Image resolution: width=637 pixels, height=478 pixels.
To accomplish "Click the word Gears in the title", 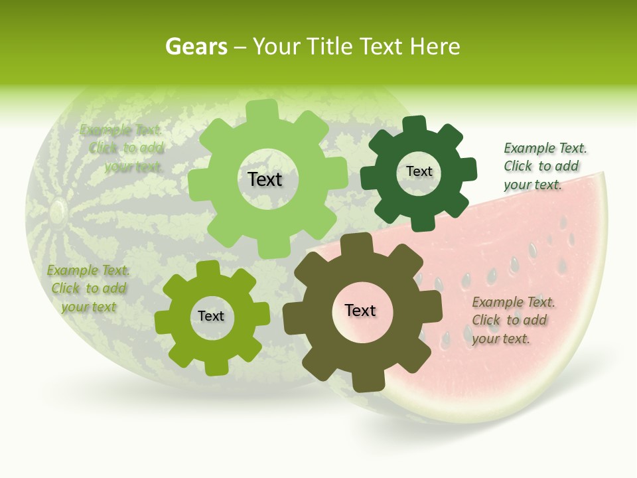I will click(196, 46).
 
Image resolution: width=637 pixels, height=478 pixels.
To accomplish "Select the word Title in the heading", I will click(329, 46).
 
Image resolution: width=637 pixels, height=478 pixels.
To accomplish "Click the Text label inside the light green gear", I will click(265, 179).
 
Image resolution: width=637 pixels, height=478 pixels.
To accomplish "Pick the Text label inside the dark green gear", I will click(419, 171).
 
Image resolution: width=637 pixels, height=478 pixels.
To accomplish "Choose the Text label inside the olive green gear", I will click(211, 316).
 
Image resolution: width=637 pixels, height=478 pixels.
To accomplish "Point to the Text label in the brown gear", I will click(360, 310).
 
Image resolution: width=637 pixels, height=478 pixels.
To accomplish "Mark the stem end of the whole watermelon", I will click(57, 212).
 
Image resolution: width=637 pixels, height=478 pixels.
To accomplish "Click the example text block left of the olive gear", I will click(88, 288).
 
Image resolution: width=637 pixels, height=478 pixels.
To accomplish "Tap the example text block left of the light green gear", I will click(123, 148).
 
